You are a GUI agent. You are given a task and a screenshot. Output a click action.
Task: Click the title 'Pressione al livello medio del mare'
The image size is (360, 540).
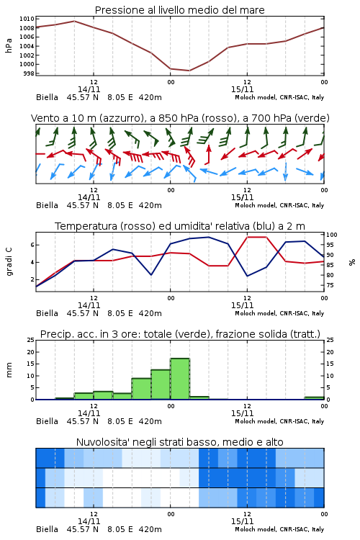[x=179, y=10]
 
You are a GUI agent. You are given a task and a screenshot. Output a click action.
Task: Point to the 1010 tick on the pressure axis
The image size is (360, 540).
[x=27, y=19]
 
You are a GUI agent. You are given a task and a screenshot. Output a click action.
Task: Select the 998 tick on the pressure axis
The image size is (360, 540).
[x=28, y=73]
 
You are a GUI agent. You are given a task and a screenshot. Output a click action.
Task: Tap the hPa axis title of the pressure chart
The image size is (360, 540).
[x=9, y=45]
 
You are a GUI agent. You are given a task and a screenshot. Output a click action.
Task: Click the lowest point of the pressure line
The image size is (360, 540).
[x=189, y=71]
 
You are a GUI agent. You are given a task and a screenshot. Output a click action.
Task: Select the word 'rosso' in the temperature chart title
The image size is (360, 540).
[x=138, y=226]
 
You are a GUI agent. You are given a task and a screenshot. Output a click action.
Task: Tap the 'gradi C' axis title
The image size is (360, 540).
[x=9, y=261]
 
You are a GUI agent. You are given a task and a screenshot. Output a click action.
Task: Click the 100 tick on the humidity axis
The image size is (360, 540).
[x=332, y=235]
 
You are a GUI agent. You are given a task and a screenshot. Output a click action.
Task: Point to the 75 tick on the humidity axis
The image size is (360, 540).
[x=330, y=285]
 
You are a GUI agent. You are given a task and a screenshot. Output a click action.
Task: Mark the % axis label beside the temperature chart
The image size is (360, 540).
[x=352, y=262]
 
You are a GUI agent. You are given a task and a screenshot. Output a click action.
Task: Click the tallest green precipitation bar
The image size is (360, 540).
[x=180, y=379]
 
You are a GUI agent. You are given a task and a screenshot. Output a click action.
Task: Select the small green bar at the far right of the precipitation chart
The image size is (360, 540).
[x=314, y=398]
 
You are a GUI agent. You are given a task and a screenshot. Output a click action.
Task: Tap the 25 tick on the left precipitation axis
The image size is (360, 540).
[x=31, y=340]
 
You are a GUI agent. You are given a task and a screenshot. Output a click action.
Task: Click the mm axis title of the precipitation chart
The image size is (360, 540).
[x=9, y=370]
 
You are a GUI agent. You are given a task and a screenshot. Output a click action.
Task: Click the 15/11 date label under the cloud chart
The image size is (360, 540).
[x=242, y=521]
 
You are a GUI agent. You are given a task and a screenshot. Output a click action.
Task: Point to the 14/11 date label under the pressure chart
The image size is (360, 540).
[x=89, y=89]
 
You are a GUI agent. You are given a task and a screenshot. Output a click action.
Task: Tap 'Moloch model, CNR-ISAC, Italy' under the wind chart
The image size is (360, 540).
[x=279, y=205]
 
